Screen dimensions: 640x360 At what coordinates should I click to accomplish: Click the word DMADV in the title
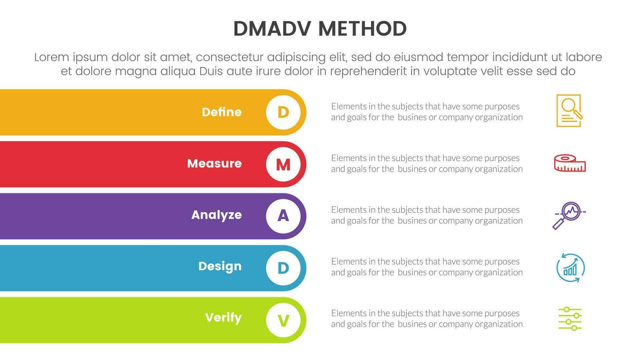click(272, 29)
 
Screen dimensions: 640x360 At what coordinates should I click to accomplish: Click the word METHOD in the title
click(363, 29)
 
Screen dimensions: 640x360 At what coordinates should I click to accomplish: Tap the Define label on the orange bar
click(222, 112)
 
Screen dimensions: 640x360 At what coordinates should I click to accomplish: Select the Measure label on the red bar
click(215, 163)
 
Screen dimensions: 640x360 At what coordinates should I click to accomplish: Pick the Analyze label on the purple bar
click(216, 215)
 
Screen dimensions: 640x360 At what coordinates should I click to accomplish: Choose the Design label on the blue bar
click(220, 267)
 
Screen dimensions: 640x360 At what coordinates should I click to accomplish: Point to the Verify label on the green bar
click(223, 318)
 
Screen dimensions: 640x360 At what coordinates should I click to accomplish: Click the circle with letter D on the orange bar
click(283, 112)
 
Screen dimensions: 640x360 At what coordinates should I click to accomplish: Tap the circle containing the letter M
click(283, 164)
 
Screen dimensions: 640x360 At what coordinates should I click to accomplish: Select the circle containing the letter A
click(283, 216)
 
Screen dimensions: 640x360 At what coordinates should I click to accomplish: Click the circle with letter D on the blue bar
click(283, 268)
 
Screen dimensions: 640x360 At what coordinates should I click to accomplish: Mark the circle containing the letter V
click(283, 320)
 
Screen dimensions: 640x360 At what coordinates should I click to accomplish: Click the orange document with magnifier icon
click(569, 111)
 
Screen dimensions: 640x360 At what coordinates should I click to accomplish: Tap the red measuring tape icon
click(570, 163)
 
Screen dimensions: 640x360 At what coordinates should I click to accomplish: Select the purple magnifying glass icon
click(569, 216)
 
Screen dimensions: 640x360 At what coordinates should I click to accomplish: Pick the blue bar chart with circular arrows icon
click(571, 268)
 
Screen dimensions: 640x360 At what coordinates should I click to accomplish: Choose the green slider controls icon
click(570, 319)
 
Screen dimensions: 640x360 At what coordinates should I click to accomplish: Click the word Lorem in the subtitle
click(52, 57)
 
